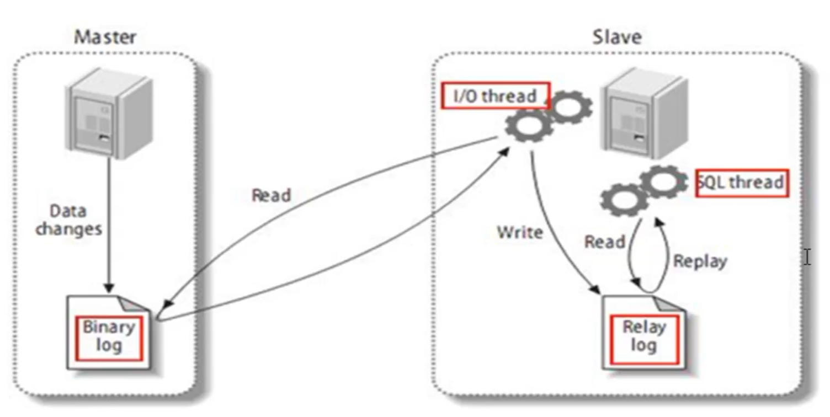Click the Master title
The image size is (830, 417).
pyautogui.click(x=105, y=37)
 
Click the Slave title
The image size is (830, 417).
pyautogui.click(x=617, y=37)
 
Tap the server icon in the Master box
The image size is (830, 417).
pyautogui.click(x=108, y=115)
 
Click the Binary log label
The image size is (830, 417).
pyautogui.click(x=109, y=337)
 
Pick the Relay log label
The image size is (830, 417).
pyautogui.click(x=643, y=337)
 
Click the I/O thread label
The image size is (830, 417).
pyautogui.click(x=495, y=96)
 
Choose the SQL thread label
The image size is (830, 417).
pyautogui.click(x=741, y=183)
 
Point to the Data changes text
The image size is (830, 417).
pyautogui.click(x=69, y=220)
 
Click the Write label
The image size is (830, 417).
pyautogui.click(x=519, y=232)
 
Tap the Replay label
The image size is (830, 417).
pyautogui.click(x=700, y=261)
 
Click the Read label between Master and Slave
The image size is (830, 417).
pyautogui.click(x=271, y=195)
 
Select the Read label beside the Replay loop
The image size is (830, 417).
pyautogui.click(x=604, y=242)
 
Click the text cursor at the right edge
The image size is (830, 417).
pyautogui.click(x=807, y=257)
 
